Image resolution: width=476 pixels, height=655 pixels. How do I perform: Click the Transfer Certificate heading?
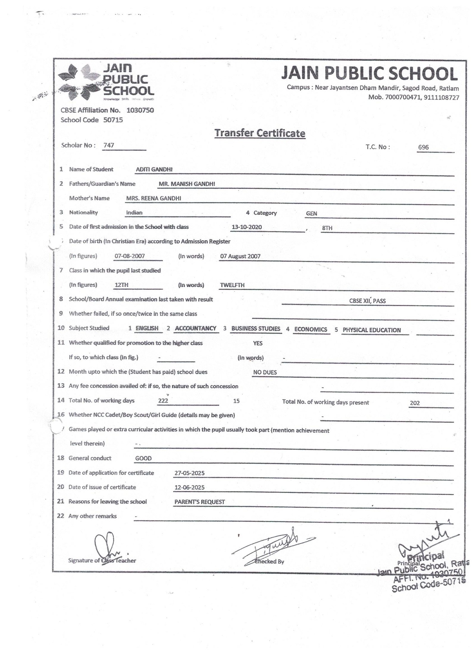(260, 133)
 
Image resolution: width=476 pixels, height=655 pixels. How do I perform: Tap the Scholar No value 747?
(109, 146)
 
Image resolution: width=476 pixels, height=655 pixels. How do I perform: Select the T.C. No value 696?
(423, 147)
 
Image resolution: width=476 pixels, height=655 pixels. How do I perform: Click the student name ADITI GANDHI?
(154, 170)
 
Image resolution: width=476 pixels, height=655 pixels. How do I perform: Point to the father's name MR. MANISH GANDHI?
(187, 184)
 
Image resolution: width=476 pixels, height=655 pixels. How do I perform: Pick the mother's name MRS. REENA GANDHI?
(154, 199)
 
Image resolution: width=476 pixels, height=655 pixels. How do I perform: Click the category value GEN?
(311, 213)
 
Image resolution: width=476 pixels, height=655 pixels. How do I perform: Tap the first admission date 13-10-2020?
(247, 227)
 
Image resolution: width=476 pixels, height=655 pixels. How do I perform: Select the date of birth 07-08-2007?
(130, 256)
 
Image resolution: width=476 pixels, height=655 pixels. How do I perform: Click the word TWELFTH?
(232, 285)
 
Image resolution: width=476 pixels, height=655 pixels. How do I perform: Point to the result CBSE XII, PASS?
(367, 301)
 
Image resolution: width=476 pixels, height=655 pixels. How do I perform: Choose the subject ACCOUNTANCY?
(195, 328)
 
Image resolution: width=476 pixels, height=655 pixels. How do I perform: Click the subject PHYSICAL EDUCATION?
(372, 330)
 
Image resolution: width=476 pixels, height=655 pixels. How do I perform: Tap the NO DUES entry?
(265, 372)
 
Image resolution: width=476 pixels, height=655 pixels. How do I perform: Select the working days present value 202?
(414, 403)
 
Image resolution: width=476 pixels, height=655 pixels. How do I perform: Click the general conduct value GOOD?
(143, 458)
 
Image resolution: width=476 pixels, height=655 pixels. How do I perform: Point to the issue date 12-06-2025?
(190, 487)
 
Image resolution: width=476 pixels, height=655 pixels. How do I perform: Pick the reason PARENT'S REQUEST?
(200, 502)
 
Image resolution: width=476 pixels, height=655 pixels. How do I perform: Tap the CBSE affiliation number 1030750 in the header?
(140, 110)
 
